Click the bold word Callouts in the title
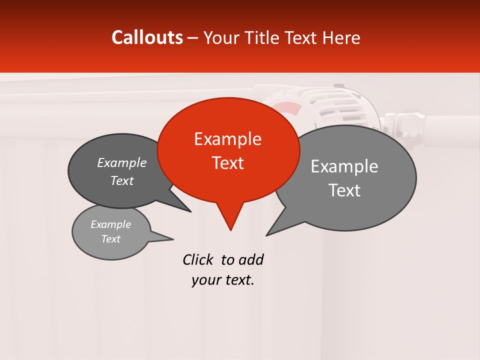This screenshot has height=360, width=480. tap(147, 37)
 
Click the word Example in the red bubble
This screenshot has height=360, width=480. tap(227, 139)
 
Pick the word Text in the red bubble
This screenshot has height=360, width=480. tap(227, 163)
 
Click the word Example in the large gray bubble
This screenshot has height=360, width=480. tap(344, 166)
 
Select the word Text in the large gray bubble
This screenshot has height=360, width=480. tap(344, 190)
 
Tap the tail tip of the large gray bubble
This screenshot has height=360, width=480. tap(267, 235)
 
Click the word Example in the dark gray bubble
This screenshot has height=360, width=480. tap(122, 163)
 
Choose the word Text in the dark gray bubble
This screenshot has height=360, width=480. tap(122, 180)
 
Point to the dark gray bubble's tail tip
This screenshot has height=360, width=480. tap(190, 211)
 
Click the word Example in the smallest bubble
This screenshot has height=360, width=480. tap(110, 224)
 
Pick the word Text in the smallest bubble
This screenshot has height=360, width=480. tap(110, 239)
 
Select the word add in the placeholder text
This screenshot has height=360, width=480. tap(250, 259)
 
